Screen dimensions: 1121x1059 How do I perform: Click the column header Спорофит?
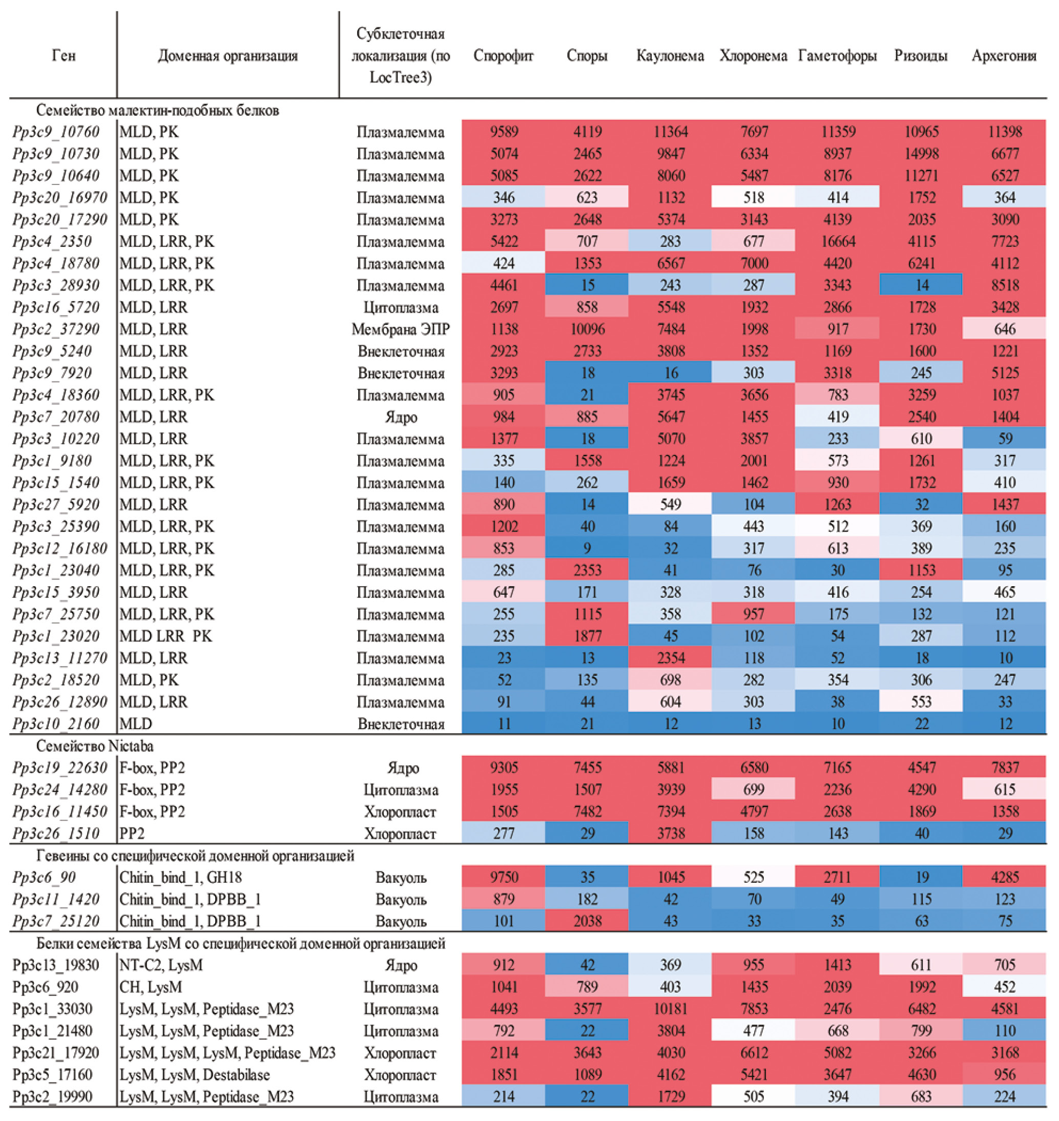click(503, 56)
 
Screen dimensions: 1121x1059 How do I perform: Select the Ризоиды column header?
click(921, 56)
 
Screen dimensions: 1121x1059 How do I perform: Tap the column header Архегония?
click(1004, 56)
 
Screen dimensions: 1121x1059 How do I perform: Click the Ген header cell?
click(63, 56)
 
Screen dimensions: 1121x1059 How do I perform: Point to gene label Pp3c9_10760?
click(56, 132)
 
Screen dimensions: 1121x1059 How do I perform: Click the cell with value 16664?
click(838, 242)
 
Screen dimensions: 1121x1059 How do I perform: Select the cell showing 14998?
click(921, 154)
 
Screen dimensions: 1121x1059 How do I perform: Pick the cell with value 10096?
click(587, 329)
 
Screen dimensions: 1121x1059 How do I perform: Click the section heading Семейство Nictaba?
click(95, 746)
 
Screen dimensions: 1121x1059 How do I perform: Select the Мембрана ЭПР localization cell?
click(400, 329)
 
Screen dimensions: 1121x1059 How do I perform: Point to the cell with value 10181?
click(671, 1009)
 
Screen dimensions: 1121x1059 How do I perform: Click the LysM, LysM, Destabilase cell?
click(195, 1075)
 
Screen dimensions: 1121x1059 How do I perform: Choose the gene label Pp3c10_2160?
click(56, 723)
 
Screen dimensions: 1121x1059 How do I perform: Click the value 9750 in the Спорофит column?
click(504, 878)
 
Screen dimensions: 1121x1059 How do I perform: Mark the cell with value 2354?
click(671, 658)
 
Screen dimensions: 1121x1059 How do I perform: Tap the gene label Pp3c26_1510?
click(56, 834)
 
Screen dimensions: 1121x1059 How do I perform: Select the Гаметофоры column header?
click(837, 56)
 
